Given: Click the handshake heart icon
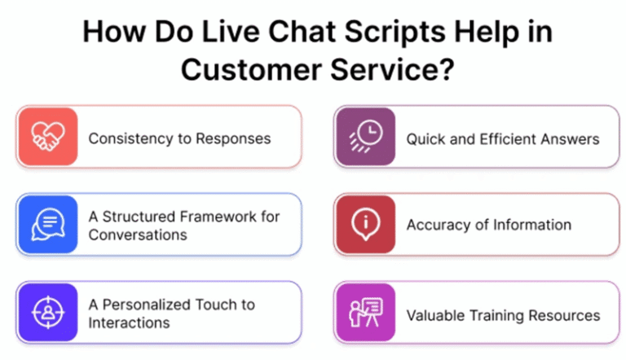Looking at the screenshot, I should tap(47, 137).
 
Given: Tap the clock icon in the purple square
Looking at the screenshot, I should tap(364, 137).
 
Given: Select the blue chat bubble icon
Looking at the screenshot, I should tap(47, 225).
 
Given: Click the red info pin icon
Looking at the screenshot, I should tap(364, 225).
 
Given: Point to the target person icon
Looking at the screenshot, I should tap(47, 313).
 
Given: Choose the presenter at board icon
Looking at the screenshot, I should tap(364, 313).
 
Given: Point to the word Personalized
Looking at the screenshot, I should tap(148, 305).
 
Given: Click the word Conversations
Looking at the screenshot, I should tap(137, 235).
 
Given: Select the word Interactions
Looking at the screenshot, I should tap(129, 323).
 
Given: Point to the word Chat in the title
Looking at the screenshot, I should tap(271, 33).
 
